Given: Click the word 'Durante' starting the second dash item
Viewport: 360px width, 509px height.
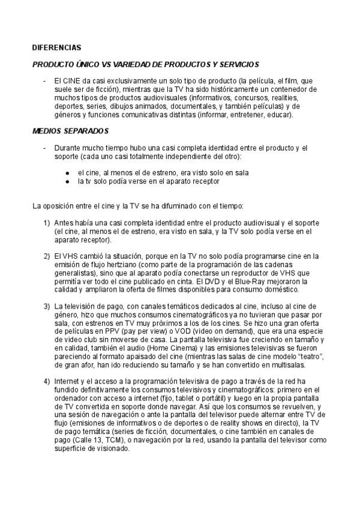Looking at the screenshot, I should pyautogui.click(x=68, y=147).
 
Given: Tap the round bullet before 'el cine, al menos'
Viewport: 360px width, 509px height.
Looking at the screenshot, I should pyautogui.click(x=69, y=172).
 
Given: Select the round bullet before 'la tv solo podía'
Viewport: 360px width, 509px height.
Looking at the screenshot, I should pyautogui.click(x=69, y=181).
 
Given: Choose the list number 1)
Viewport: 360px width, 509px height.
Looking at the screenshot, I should pyautogui.click(x=46, y=223).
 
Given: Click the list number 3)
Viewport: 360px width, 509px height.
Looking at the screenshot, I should pyautogui.click(x=46, y=307).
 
